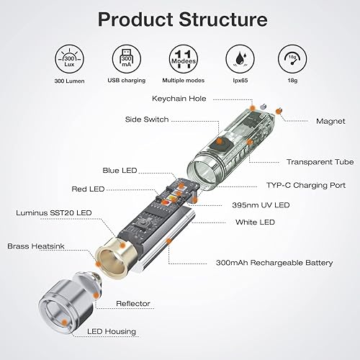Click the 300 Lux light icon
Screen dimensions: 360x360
[x=69, y=59]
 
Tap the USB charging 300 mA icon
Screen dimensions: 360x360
[x=127, y=59]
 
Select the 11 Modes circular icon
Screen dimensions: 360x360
[x=184, y=59]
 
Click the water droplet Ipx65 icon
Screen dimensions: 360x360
[x=240, y=59]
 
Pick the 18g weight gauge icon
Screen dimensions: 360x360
[x=292, y=59]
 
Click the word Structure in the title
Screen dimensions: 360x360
[x=223, y=19]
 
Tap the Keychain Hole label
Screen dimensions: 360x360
[x=179, y=99]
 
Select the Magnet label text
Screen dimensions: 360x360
[x=330, y=121]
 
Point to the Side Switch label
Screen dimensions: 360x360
[x=147, y=120]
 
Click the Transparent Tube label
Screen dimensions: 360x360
[x=320, y=162]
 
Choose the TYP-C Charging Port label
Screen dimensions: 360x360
[x=306, y=185]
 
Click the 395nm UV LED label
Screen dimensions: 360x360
[x=261, y=205]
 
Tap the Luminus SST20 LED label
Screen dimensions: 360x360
[x=54, y=213]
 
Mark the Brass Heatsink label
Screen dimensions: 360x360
[x=36, y=246]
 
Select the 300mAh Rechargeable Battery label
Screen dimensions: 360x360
[x=274, y=263]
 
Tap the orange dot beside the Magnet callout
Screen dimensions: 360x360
[x=279, y=111]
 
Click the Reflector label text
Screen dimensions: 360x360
[x=133, y=304]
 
